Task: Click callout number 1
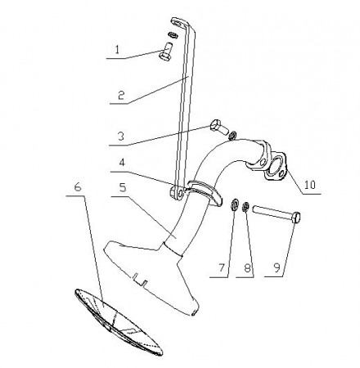[117, 50]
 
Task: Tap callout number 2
[121, 96]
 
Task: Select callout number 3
[121, 136]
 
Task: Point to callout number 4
[122, 163]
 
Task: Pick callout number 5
[123, 187]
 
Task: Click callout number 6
[78, 187]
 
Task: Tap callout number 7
[221, 268]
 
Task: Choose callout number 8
[247, 268]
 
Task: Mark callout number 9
[277, 268]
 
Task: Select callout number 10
[310, 185]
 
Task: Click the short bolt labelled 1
[166, 52]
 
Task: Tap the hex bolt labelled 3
[218, 127]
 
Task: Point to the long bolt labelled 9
[277, 213]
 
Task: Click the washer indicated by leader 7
[235, 204]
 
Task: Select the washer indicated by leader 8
[245, 207]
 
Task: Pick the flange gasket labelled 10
[275, 167]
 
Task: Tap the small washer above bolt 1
[173, 34]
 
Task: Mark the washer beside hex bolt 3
[232, 135]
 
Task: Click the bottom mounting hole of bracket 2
[180, 193]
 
